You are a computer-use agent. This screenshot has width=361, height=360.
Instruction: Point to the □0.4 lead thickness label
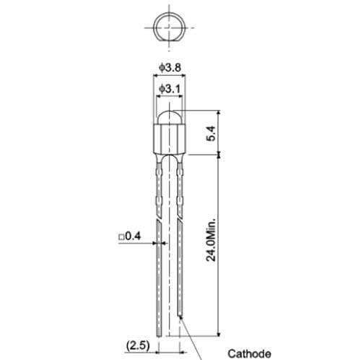[x=129, y=236]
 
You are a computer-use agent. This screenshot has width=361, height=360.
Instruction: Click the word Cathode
[x=249, y=353]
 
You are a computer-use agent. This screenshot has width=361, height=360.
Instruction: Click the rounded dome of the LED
[x=168, y=116]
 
